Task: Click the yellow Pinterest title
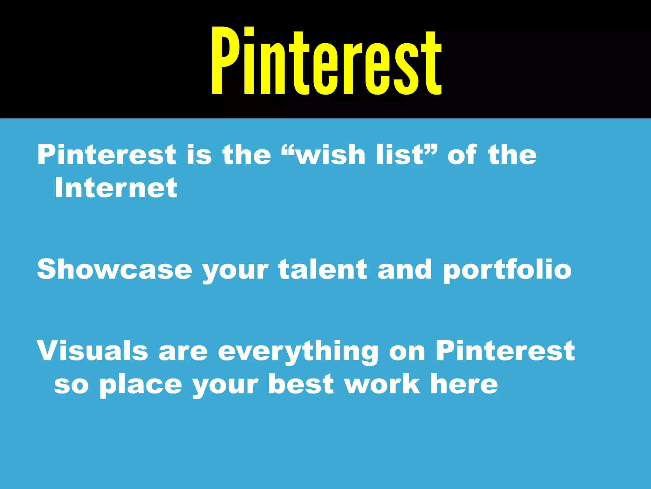pyautogui.click(x=326, y=61)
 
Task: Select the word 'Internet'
pyautogui.click(x=116, y=188)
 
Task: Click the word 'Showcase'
pyautogui.click(x=114, y=269)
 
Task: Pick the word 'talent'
pyautogui.click(x=323, y=269)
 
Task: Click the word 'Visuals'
pyautogui.click(x=93, y=351)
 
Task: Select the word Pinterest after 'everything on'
pyautogui.click(x=505, y=351)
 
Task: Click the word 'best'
pyautogui.click(x=301, y=384)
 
